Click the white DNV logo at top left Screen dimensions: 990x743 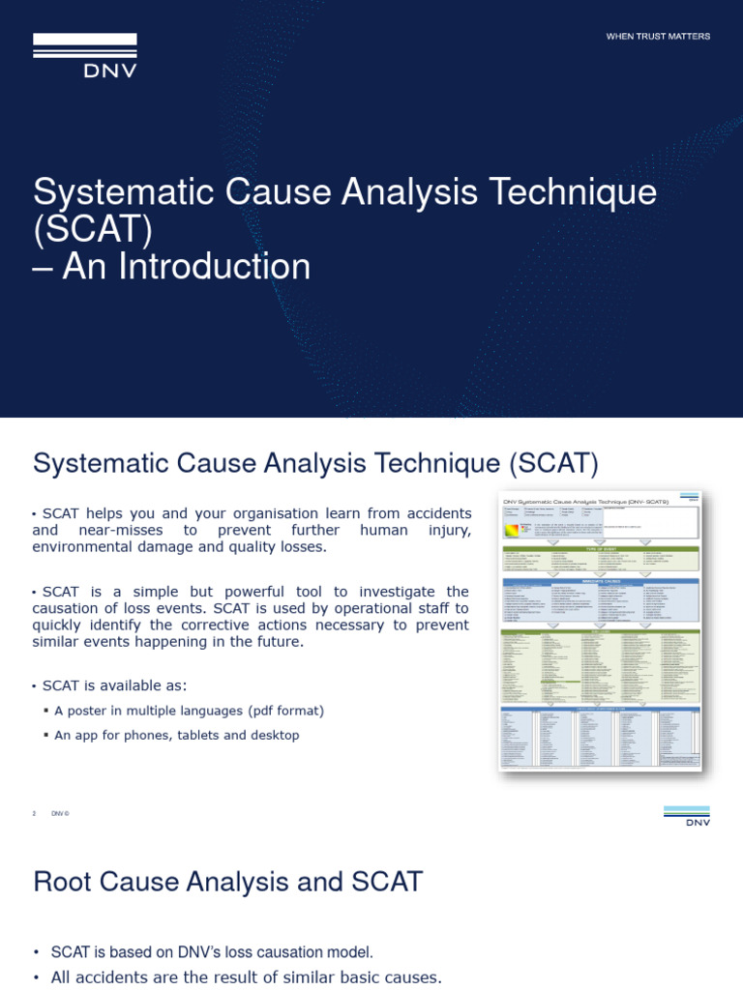point(85,55)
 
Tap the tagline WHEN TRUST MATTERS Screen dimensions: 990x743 point(658,37)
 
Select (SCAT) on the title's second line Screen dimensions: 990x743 point(93,230)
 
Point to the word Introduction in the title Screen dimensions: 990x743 point(187,267)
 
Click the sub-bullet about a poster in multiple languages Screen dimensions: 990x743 point(189,711)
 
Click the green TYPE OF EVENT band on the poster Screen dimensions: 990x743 point(600,547)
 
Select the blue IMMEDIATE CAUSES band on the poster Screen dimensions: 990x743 point(600,581)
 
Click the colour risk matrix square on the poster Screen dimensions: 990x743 point(512,529)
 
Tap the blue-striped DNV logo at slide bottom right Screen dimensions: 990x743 point(686,816)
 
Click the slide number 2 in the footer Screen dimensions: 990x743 point(34,813)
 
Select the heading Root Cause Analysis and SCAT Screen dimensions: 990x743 point(227,882)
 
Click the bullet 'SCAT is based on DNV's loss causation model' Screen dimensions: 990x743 point(211,952)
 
